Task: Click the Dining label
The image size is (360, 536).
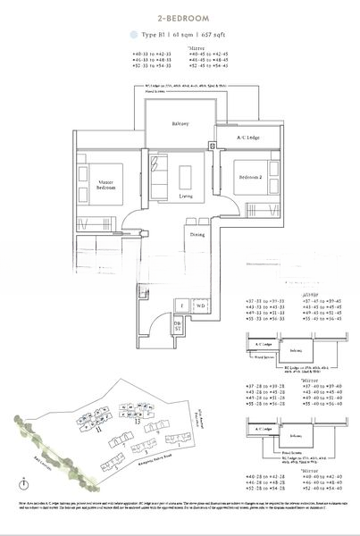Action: (199, 234)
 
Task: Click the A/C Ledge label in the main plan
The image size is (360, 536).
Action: (235, 139)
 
